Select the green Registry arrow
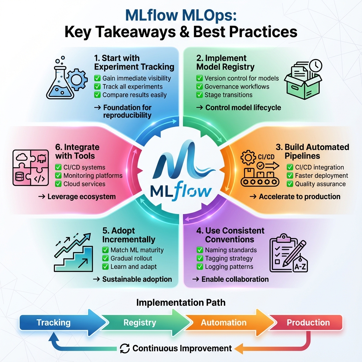pyautogui.click(x=140, y=322)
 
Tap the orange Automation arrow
pyautogui.click(x=224, y=322)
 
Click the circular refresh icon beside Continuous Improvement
pyautogui.click(x=125, y=348)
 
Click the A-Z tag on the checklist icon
pyautogui.click(x=300, y=267)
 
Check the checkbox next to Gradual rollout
pyautogui.click(x=105, y=258)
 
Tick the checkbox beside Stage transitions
pyautogui.click(x=199, y=95)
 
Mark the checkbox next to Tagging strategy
pyautogui.click(x=200, y=258)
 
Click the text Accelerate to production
pyautogui.click(x=299, y=197)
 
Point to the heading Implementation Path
pyautogui.click(x=181, y=303)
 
